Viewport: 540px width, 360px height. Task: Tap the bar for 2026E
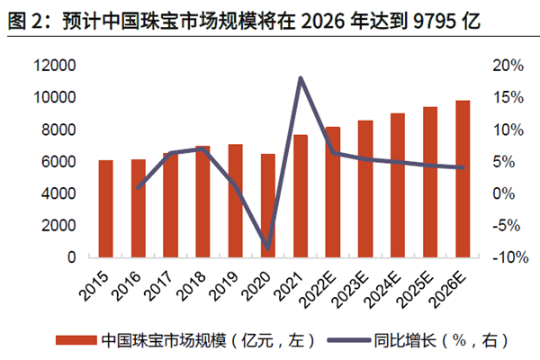(x=463, y=179)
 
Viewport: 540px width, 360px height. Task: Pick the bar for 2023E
(x=365, y=189)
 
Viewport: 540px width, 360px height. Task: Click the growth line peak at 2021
(x=300, y=78)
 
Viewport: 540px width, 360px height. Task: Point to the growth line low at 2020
(x=267, y=247)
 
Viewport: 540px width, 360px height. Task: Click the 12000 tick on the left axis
(x=62, y=66)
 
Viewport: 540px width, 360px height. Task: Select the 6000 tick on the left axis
(x=66, y=162)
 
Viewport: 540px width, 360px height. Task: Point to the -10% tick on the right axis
(x=508, y=258)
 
